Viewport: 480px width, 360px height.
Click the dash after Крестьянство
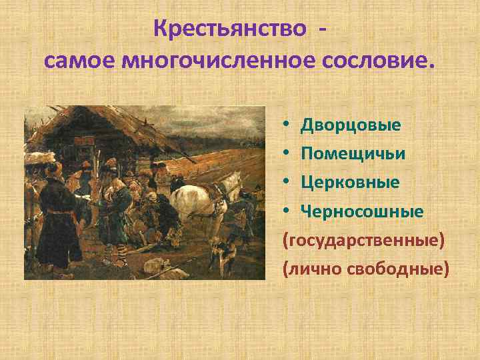pyautogui.click(x=323, y=30)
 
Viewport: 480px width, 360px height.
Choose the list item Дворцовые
pyautogui.click(x=351, y=125)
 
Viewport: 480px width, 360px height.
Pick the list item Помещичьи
pyautogui.click(x=353, y=153)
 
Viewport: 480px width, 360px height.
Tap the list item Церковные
pyautogui.click(x=350, y=182)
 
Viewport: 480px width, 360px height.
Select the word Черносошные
pyautogui.click(x=362, y=211)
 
